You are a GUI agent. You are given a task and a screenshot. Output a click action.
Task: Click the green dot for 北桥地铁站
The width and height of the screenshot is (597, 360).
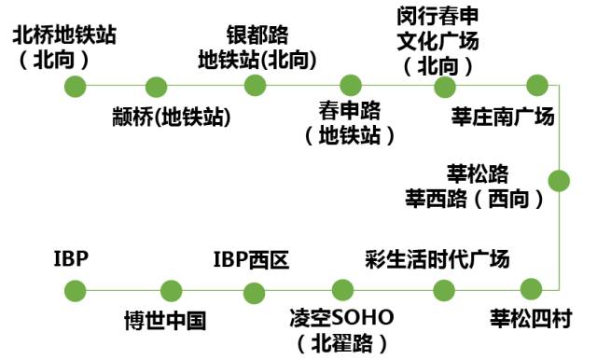[76, 87]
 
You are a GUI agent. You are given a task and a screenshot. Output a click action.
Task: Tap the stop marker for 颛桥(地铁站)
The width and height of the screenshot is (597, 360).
[157, 88]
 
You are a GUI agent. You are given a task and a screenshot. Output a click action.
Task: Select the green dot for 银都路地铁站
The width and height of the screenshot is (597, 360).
[256, 86]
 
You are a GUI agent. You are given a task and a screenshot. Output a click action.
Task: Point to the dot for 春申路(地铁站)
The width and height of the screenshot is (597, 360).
[350, 87]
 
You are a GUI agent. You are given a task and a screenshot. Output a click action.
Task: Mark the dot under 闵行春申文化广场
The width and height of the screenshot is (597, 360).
[445, 88]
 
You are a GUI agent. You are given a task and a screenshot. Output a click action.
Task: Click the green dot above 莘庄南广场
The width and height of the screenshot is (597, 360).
[535, 86]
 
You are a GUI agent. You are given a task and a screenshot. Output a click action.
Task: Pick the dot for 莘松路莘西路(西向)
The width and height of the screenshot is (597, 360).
[559, 181]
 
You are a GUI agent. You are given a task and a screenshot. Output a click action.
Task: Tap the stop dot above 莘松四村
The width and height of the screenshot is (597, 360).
[530, 289]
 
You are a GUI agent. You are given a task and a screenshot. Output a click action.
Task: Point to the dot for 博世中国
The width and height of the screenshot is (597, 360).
[170, 291]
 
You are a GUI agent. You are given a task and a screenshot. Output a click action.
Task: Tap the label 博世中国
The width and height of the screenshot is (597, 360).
[165, 321]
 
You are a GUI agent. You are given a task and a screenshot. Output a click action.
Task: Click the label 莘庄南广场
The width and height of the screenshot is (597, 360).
[503, 117]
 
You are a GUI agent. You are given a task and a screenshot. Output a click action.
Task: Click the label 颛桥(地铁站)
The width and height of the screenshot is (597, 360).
[170, 117]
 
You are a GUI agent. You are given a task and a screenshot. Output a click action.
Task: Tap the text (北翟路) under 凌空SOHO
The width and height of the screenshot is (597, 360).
[341, 343]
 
